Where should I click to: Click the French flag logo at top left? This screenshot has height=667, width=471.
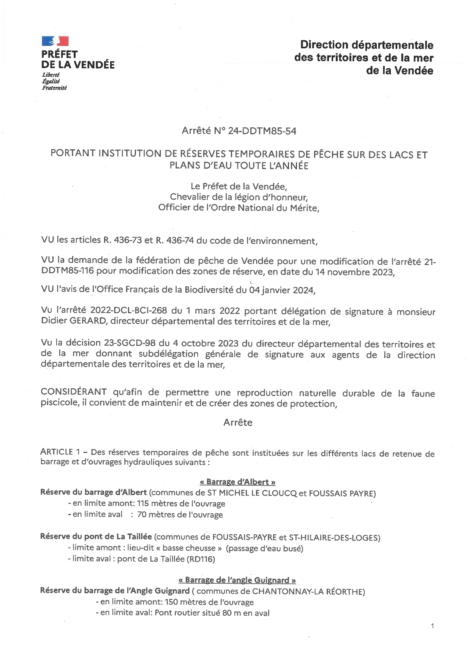point(55,41)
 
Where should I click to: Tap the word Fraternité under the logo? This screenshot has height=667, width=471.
point(54,88)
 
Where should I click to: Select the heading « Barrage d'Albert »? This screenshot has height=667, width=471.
point(237,482)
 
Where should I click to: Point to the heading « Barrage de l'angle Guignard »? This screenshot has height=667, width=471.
point(237,580)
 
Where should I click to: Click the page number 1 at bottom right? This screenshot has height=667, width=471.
point(432,626)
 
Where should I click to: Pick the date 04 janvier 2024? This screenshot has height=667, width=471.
point(282,290)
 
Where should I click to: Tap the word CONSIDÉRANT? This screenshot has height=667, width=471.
point(74,392)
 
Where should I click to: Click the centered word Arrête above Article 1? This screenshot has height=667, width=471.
point(238,422)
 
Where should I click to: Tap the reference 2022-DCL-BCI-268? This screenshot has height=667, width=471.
point(130,311)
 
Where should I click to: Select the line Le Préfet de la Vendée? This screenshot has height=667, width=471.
point(239,186)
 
